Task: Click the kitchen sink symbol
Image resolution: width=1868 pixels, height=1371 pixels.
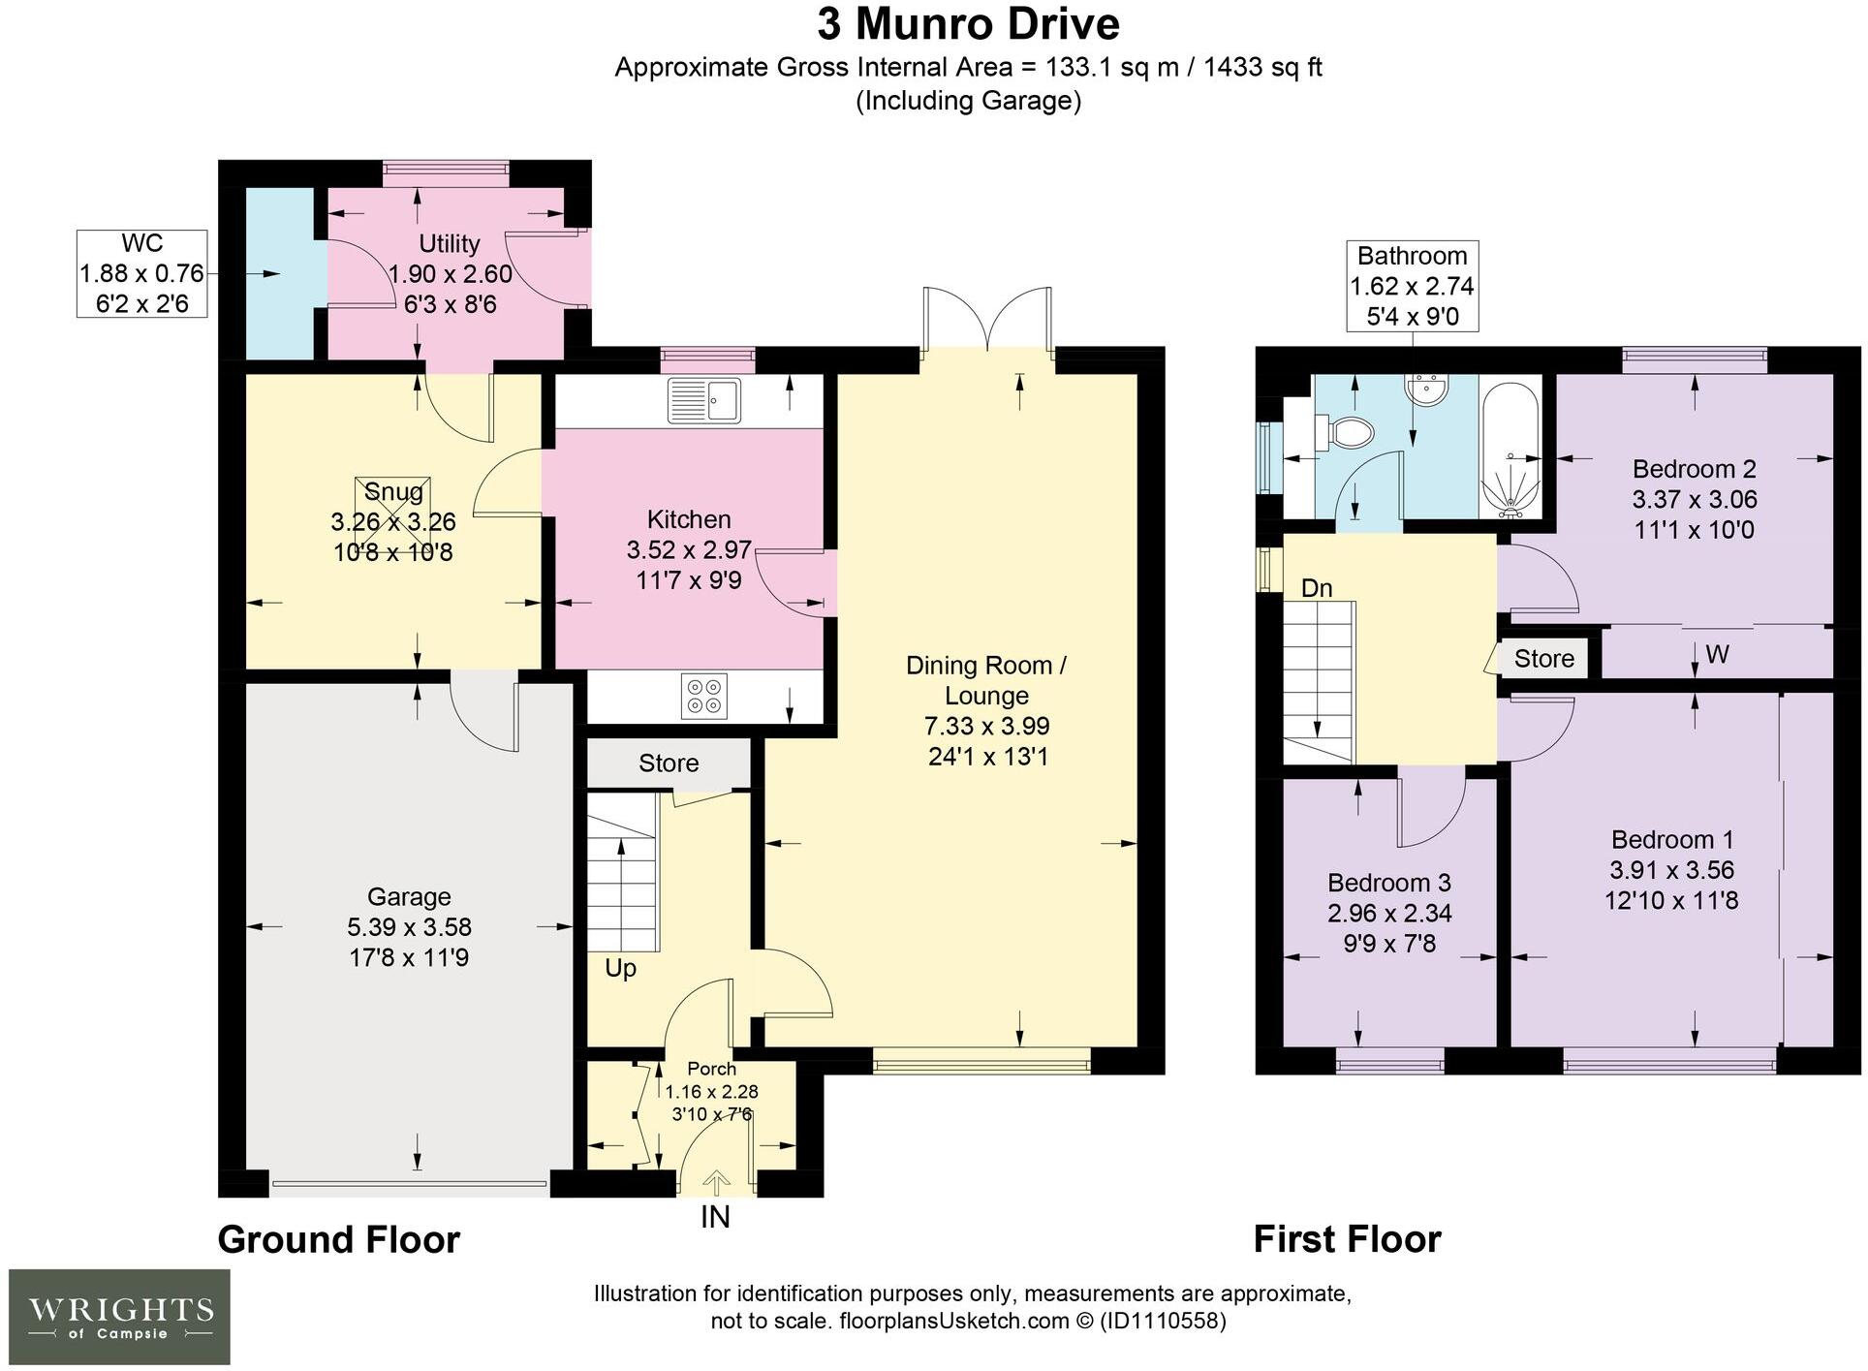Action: [704, 400]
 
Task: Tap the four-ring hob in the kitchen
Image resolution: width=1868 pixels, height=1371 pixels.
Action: [704, 696]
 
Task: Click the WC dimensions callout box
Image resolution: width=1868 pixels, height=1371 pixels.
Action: [142, 273]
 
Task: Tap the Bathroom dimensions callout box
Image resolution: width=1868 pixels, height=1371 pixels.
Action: [1412, 286]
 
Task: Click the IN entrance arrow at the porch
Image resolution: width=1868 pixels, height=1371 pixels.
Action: [716, 1184]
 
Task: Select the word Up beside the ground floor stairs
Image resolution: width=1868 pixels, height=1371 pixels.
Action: [620, 968]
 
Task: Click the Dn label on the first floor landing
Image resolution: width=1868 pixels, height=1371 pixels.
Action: [1316, 588]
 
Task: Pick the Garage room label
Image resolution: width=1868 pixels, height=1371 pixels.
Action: [409, 896]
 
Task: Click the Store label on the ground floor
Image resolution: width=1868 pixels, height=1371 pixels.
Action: [669, 763]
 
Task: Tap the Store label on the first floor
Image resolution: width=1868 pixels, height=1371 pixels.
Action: [1543, 659]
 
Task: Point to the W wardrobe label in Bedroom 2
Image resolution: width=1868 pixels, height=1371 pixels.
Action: [1717, 655]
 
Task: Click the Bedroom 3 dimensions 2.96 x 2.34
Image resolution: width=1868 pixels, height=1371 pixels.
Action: [1388, 913]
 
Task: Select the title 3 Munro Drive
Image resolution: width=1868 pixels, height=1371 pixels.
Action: [968, 24]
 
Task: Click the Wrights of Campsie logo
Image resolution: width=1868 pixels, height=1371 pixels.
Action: [119, 1317]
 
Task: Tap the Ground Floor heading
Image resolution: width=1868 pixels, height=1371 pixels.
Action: [338, 1239]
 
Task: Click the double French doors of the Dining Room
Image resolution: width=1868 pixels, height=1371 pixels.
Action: [987, 320]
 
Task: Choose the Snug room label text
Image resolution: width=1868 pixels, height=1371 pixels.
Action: [393, 491]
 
